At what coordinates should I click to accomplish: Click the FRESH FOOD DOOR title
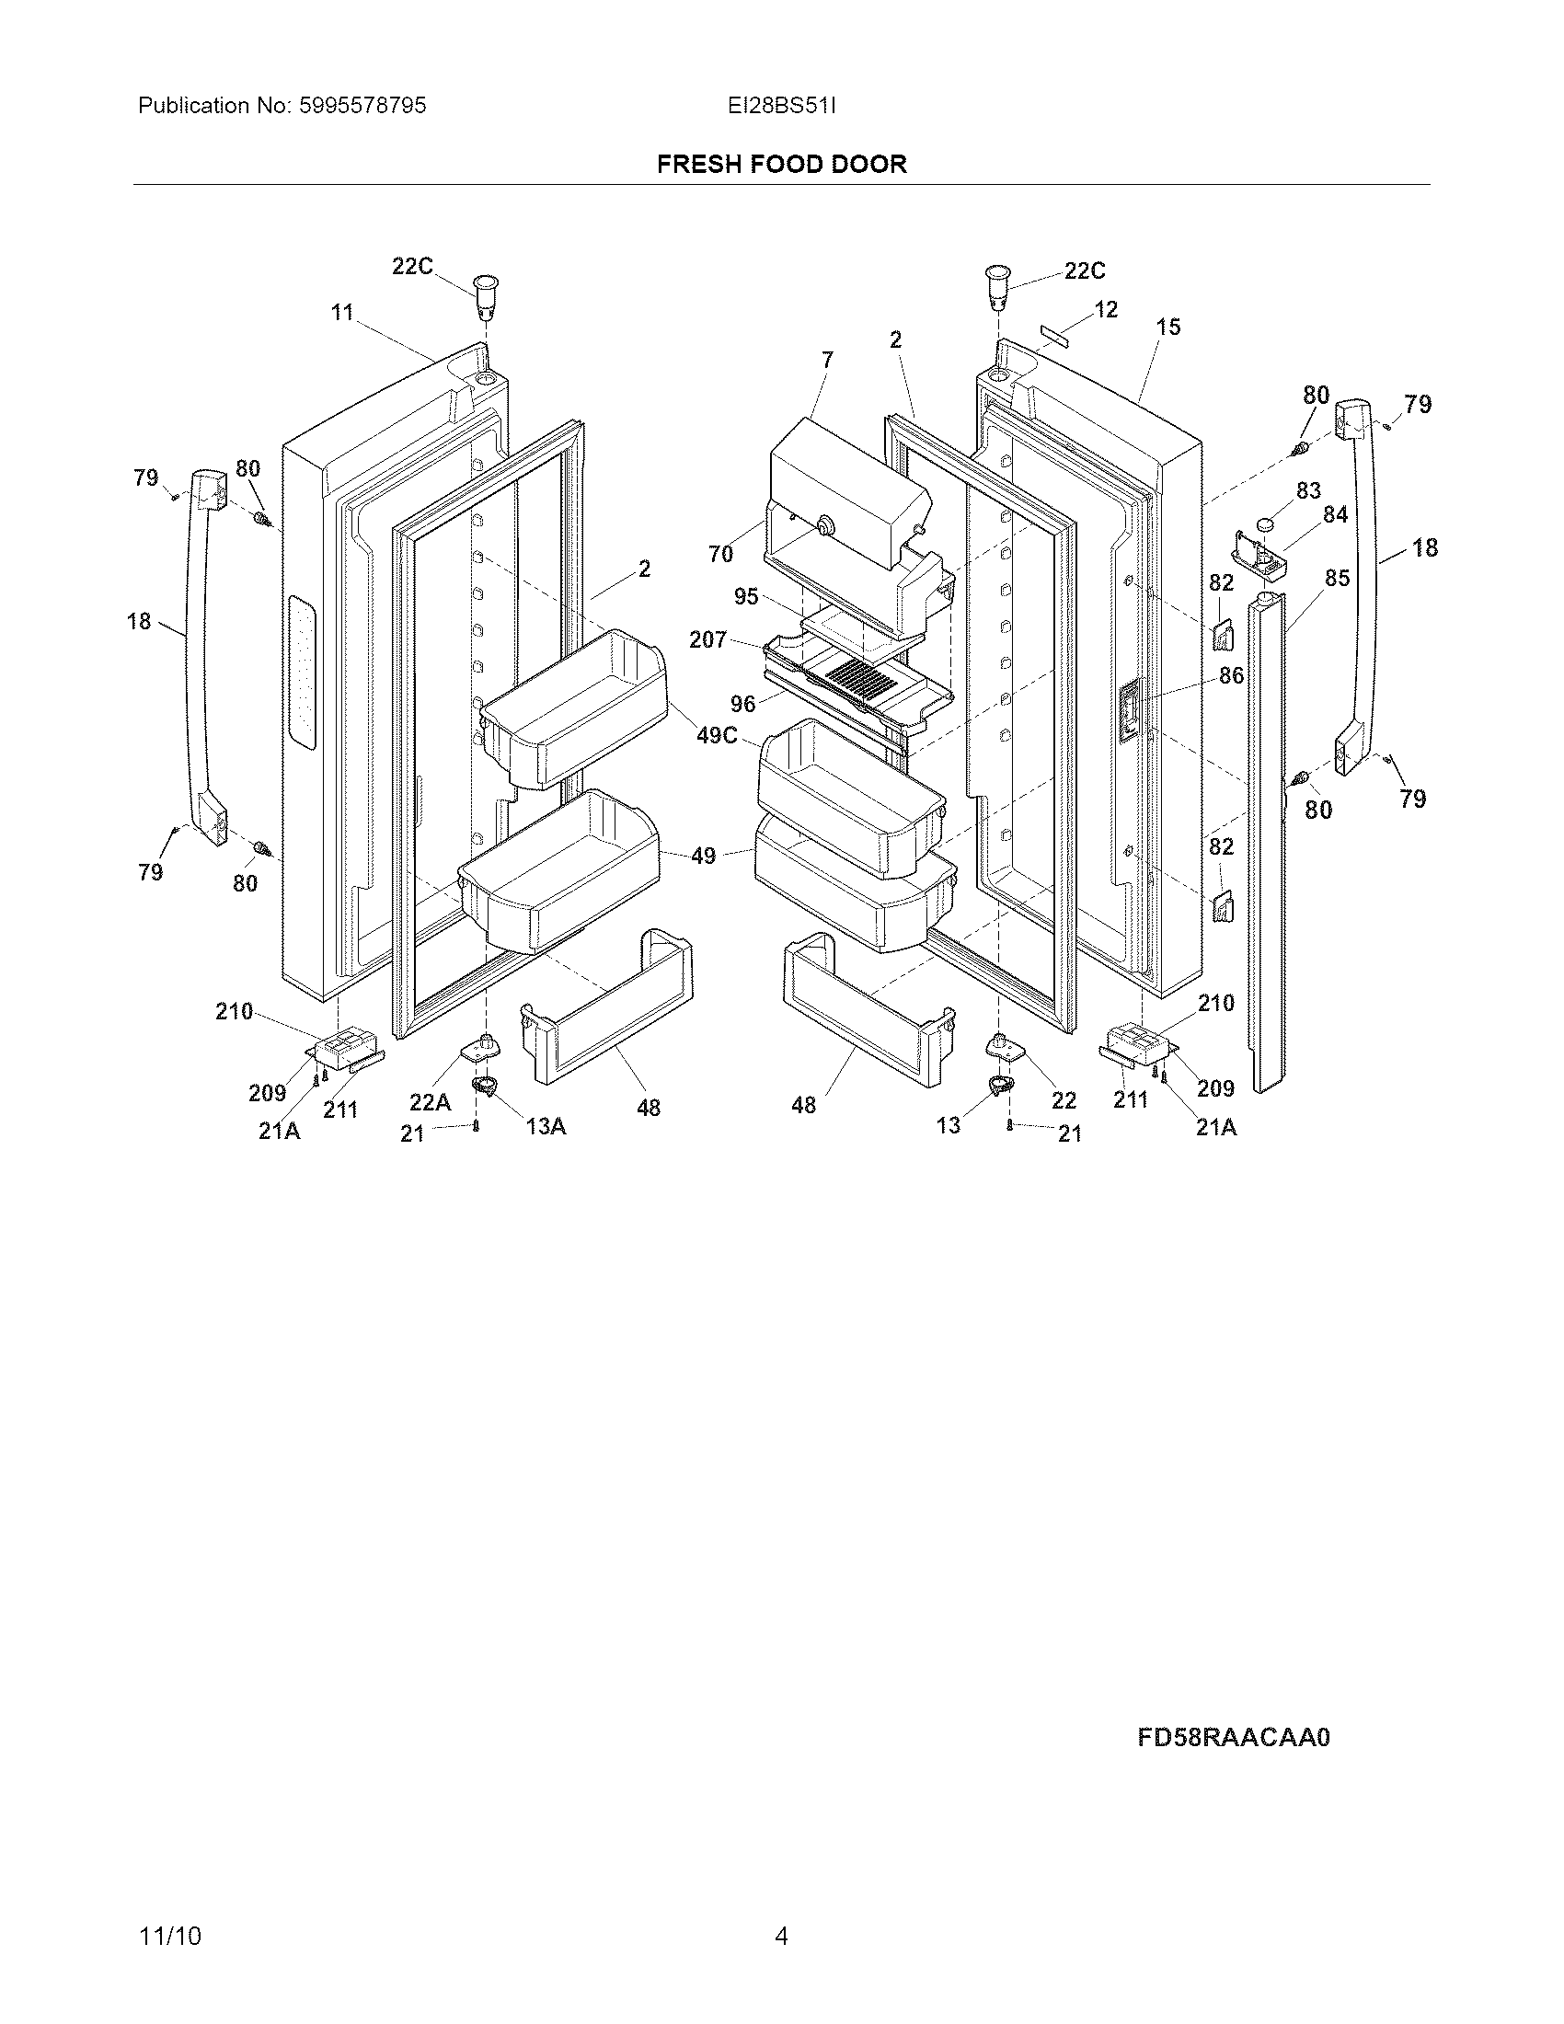[x=781, y=164]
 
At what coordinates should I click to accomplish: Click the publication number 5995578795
[x=362, y=106]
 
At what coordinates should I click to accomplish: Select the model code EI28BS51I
[x=781, y=106]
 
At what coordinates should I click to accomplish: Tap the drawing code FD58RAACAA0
[x=1233, y=1737]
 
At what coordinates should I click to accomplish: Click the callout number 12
[x=1105, y=309]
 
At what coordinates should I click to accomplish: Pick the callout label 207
[x=707, y=639]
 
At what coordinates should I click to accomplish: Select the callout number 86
[x=1230, y=675]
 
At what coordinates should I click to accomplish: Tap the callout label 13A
[x=546, y=1126]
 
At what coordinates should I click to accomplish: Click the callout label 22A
[x=430, y=1102]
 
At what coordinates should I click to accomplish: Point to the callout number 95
[x=746, y=596]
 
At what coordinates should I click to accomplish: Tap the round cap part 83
[x=1267, y=526]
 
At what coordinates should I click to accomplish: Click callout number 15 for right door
[x=1168, y=327]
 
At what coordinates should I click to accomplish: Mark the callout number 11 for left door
[x=343, y=312]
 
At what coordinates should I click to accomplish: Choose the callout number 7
[x=827, y=359]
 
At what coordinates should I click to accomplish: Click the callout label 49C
[x=716, y=736]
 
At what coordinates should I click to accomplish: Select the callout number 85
[x=1337, y=579]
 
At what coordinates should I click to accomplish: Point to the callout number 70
[x=720, y=554]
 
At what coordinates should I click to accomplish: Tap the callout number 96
[x=742, y=705]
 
